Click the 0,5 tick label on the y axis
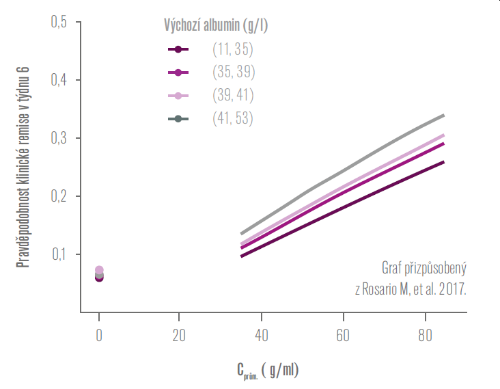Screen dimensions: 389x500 click(x=59, y=23)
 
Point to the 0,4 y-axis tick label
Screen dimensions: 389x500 click(x=59, y=81)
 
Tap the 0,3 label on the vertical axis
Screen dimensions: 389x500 click(x=59, y=139)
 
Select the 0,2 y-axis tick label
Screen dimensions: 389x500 click(x=59, y=197)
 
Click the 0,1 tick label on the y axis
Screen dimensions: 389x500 click(x=59, y=255)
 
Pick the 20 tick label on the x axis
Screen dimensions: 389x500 click(x=179, y=336)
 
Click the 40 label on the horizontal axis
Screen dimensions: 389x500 click(x=262, y=336)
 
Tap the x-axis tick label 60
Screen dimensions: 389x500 click(x=344, y=336)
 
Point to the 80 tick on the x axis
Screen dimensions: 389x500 click(x=426, y=336)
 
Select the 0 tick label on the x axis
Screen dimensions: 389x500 click(x=99, y=336)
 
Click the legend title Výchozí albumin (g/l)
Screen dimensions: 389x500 click(x=215, y=26)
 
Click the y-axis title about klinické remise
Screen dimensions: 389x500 click(x=23, y=168)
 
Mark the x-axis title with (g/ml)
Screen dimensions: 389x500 click(x=268, y=371)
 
